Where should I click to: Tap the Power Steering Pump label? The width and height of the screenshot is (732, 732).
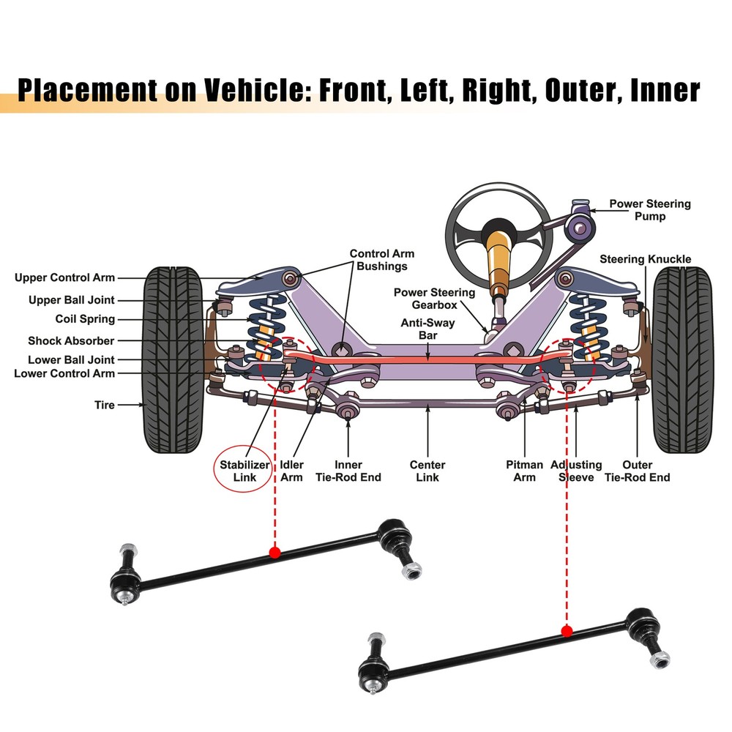[650, 210]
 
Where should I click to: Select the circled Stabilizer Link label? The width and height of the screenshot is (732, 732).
[245, 471]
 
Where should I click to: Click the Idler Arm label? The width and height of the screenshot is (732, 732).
[291, 471]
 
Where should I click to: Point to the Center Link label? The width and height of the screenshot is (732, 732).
[427, 471]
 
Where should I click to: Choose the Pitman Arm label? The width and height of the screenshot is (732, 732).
[524, 471]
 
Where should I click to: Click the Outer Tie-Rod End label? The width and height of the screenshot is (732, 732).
[637, 471]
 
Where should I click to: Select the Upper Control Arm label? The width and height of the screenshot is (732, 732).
[64, 278]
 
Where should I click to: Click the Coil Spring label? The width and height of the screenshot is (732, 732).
[85, 319]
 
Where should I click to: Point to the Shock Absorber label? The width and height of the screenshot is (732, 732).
[71, 341]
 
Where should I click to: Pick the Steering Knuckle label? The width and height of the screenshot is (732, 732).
[645, 259]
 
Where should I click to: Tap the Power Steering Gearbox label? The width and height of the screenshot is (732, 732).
[434, 299]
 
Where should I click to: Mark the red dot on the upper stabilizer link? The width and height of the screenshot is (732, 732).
[274, 552]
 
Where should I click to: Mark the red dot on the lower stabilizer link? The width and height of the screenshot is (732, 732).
[567, 631]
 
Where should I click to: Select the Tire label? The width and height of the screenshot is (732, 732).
[105, 405]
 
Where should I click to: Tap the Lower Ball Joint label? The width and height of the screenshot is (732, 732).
[71, 360]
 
